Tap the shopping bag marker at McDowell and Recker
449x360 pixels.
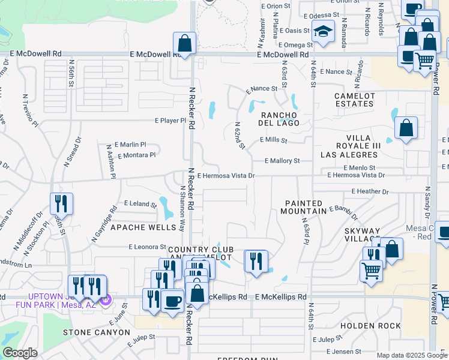[185, 44]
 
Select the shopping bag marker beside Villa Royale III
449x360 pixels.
[406, 128]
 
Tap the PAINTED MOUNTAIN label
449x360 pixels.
[304, 208]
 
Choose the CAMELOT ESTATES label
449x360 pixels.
[355, 100]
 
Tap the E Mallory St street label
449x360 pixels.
[282, 161]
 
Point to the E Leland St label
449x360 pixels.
[140, 204]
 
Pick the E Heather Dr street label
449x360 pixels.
[370, 191]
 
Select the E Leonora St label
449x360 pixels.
[147, 247]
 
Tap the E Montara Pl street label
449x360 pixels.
[137, 155]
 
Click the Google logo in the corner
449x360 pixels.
[20, 353]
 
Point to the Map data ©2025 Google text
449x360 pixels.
[411, 355]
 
